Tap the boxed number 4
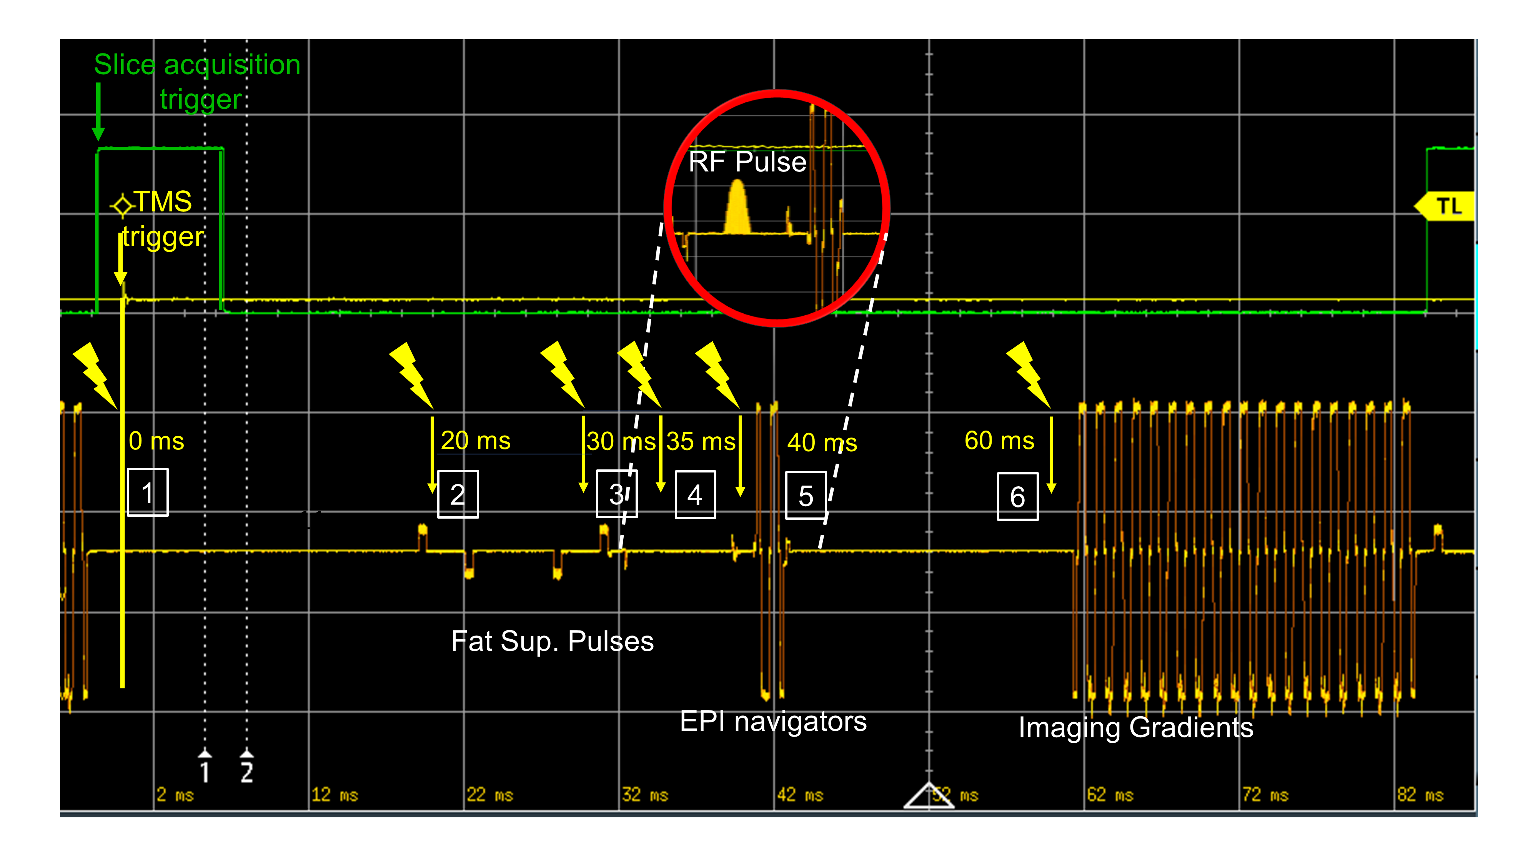click(x=695, y=495)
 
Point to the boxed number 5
click(x=806, y=496)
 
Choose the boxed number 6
click(x=1017, y=497)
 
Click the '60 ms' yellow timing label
click(x=999, y=441)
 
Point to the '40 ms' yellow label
click(x=822, y=442)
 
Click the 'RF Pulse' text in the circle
click(x=747, y=162)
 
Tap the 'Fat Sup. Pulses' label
click(x=552, y=641)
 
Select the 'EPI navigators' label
click(x=773, y=721)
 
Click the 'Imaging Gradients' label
click(x=1135, y=727)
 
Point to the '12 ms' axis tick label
click(x=335, y=795)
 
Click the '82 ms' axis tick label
click(x=1420, y=795)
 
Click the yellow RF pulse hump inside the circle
click(x=737, y=209)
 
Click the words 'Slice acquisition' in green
click(x=197, y=65)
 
